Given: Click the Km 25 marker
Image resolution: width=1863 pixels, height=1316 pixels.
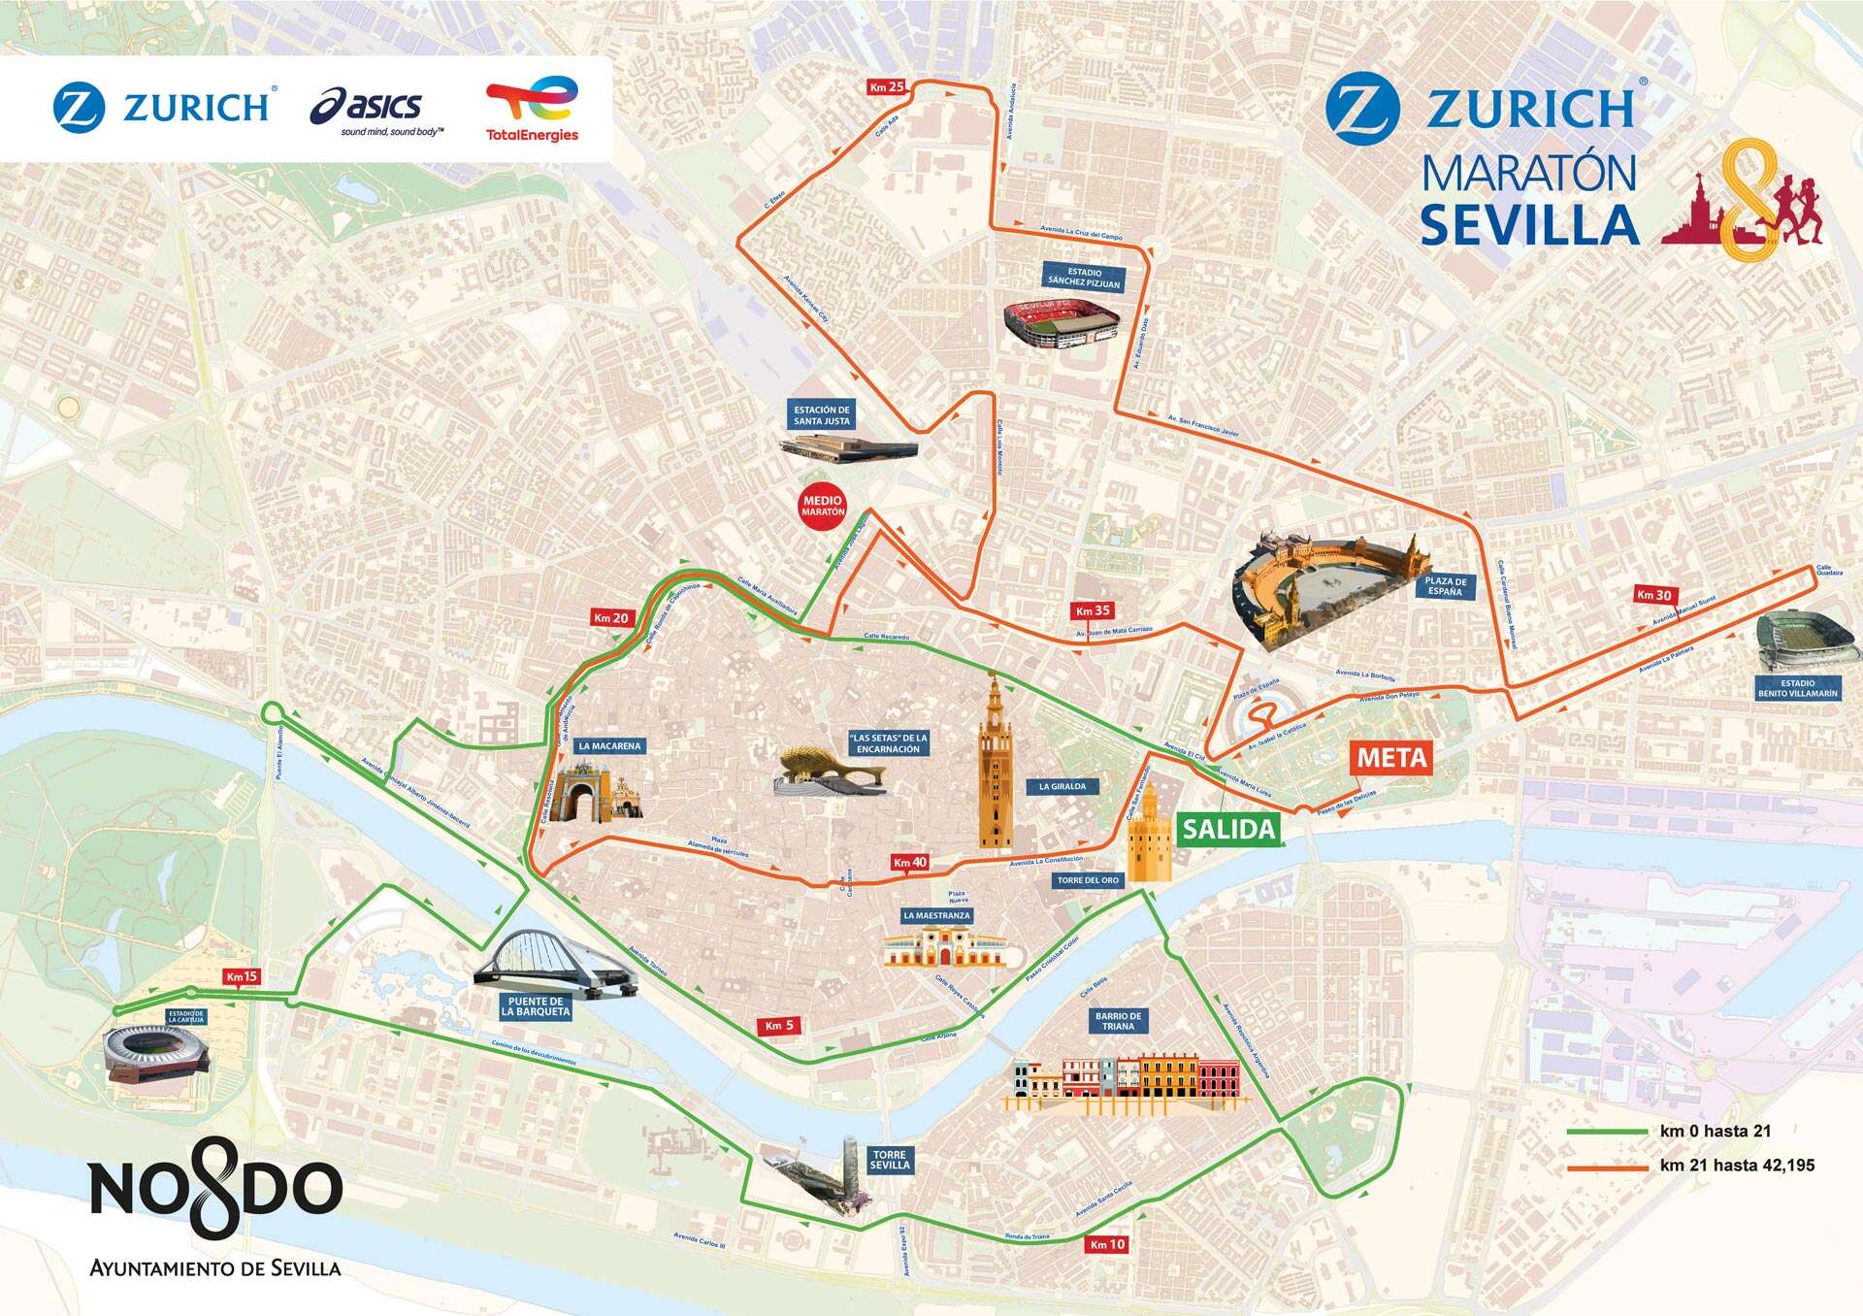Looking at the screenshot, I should coord(887,87).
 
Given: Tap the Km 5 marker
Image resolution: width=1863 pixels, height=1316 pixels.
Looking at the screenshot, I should coord(779,1026).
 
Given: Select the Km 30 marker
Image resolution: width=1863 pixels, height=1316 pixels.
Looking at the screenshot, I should coord(1654,595).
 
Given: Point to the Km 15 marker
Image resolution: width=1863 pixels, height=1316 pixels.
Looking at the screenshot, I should coord(241,976).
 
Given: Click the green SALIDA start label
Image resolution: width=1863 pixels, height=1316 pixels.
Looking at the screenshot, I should coord(1226,829).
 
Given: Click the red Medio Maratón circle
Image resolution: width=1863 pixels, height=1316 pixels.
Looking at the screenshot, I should coord(823,507).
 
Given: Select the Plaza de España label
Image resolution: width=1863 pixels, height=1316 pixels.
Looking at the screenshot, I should coord(1445,586).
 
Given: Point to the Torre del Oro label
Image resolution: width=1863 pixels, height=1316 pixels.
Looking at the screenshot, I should coord(1089,880).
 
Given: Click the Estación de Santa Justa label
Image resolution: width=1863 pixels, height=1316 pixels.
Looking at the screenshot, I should coord(822,415).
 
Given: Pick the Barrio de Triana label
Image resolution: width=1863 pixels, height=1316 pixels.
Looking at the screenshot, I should coord(1119,1021).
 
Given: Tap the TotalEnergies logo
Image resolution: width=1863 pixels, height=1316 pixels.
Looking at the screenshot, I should coord(532,110).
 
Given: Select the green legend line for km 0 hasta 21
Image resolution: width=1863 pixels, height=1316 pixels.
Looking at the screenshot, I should coord(1606,1132).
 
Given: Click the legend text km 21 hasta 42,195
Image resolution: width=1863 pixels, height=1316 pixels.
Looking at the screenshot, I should coord(1737,1166).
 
